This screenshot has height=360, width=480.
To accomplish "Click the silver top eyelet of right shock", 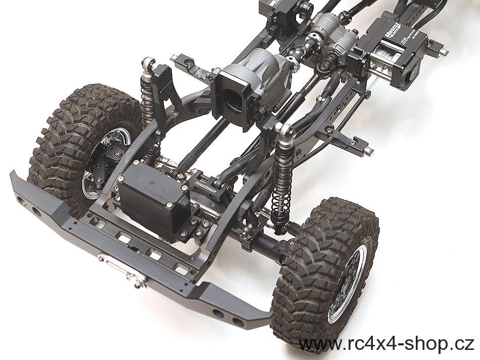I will [x=290, y=132].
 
